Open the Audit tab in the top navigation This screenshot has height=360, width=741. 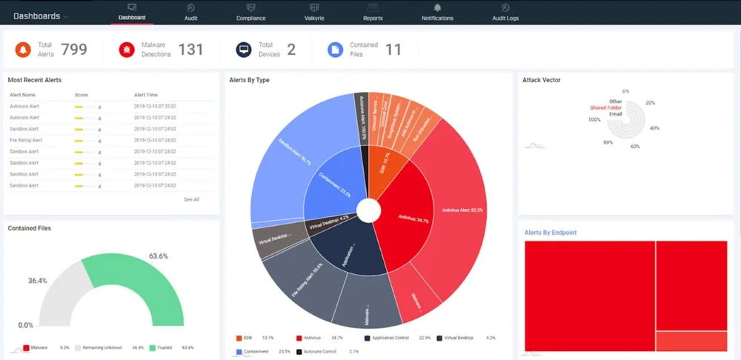pos(190,12)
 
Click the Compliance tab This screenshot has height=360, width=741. pos(250,12)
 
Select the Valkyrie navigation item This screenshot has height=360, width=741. pos(313,12)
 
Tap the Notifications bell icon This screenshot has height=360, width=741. pos(437,7)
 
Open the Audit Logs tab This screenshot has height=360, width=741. pos(505,12)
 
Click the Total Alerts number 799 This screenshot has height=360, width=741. pos(74,50)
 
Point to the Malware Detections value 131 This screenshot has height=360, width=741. pos(190,50)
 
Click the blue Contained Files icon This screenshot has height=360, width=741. pos(336,50)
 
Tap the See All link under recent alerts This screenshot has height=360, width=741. pos(191,199)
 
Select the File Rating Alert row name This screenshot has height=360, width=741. pos(26,140)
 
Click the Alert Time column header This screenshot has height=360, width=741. pos(145,95)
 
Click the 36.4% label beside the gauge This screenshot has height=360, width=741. pos(38,281)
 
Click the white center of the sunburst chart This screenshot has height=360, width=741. pos(368,210)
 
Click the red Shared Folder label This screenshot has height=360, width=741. pos(605,108)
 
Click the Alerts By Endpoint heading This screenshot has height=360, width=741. pos(551,233)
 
